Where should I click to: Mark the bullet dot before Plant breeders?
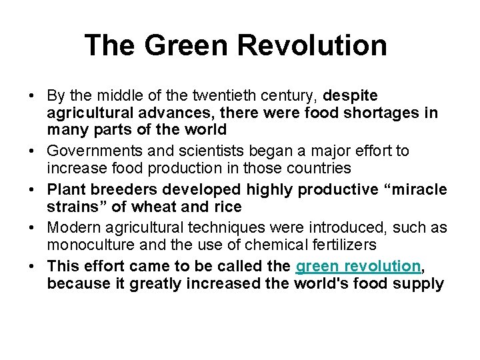click(x=33, y=191)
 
